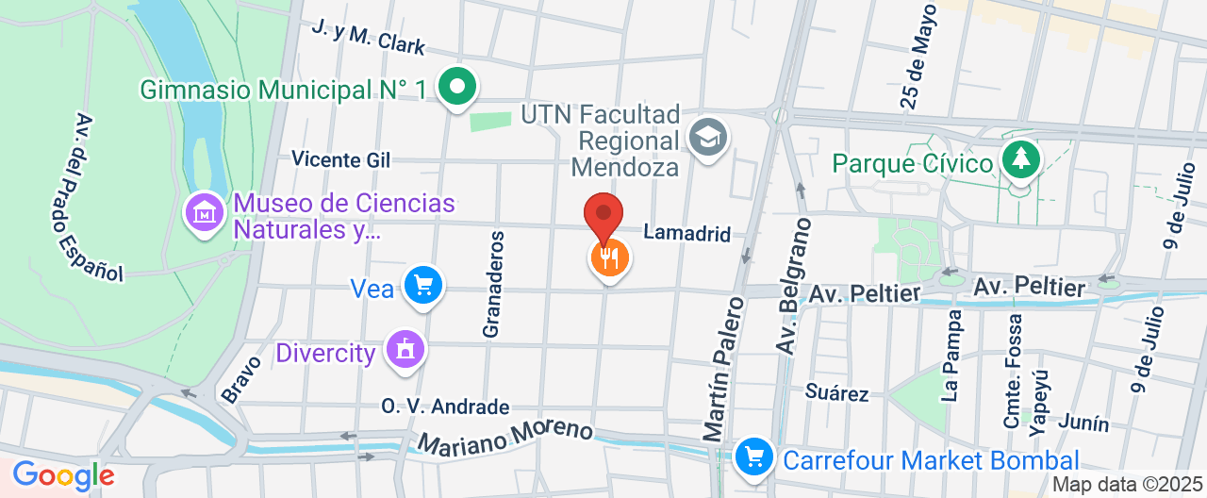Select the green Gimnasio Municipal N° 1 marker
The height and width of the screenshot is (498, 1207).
coord(458,89)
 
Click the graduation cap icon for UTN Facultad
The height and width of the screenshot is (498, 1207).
coord(705,137)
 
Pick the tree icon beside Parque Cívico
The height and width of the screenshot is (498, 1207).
coord(1020,158)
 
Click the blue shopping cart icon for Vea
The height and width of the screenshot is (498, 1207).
coord(422,285)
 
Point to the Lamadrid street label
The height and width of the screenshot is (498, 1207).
coord(686,233)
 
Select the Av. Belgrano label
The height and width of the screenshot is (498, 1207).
coord(794,287)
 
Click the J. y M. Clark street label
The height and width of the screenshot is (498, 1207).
coord(369,37)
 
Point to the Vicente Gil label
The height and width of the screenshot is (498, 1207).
coord(340,159)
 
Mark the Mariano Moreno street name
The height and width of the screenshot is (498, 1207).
coord(505,434)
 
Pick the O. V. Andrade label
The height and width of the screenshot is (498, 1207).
coord(445,407)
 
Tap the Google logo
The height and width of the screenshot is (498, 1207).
coord(62,474)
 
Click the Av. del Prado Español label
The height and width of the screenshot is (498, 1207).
coord(98,198)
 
